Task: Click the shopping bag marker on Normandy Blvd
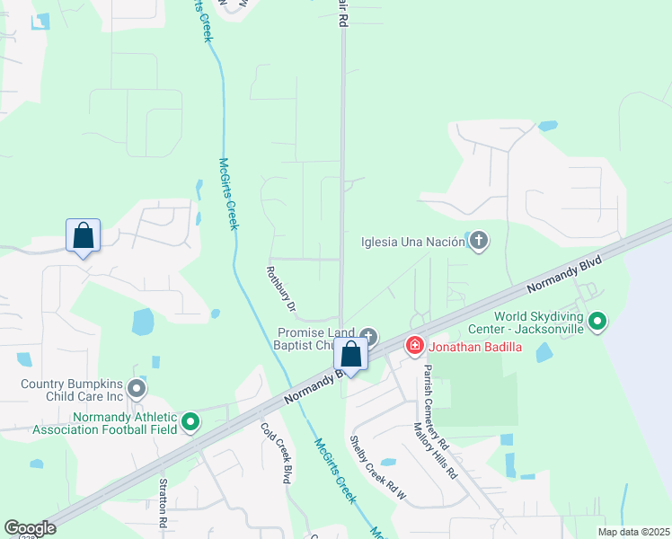click(351, 356)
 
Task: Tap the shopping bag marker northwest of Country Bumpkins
click(83, 237)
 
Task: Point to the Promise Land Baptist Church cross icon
click(369, 334)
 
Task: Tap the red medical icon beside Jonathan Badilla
click(414, 345)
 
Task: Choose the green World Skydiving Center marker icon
click(597, 320)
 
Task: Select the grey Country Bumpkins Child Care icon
click(136, 389)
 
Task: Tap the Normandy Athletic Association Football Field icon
click(190, 420)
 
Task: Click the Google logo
click(30, 527)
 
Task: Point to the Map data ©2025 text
click(632, 532)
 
